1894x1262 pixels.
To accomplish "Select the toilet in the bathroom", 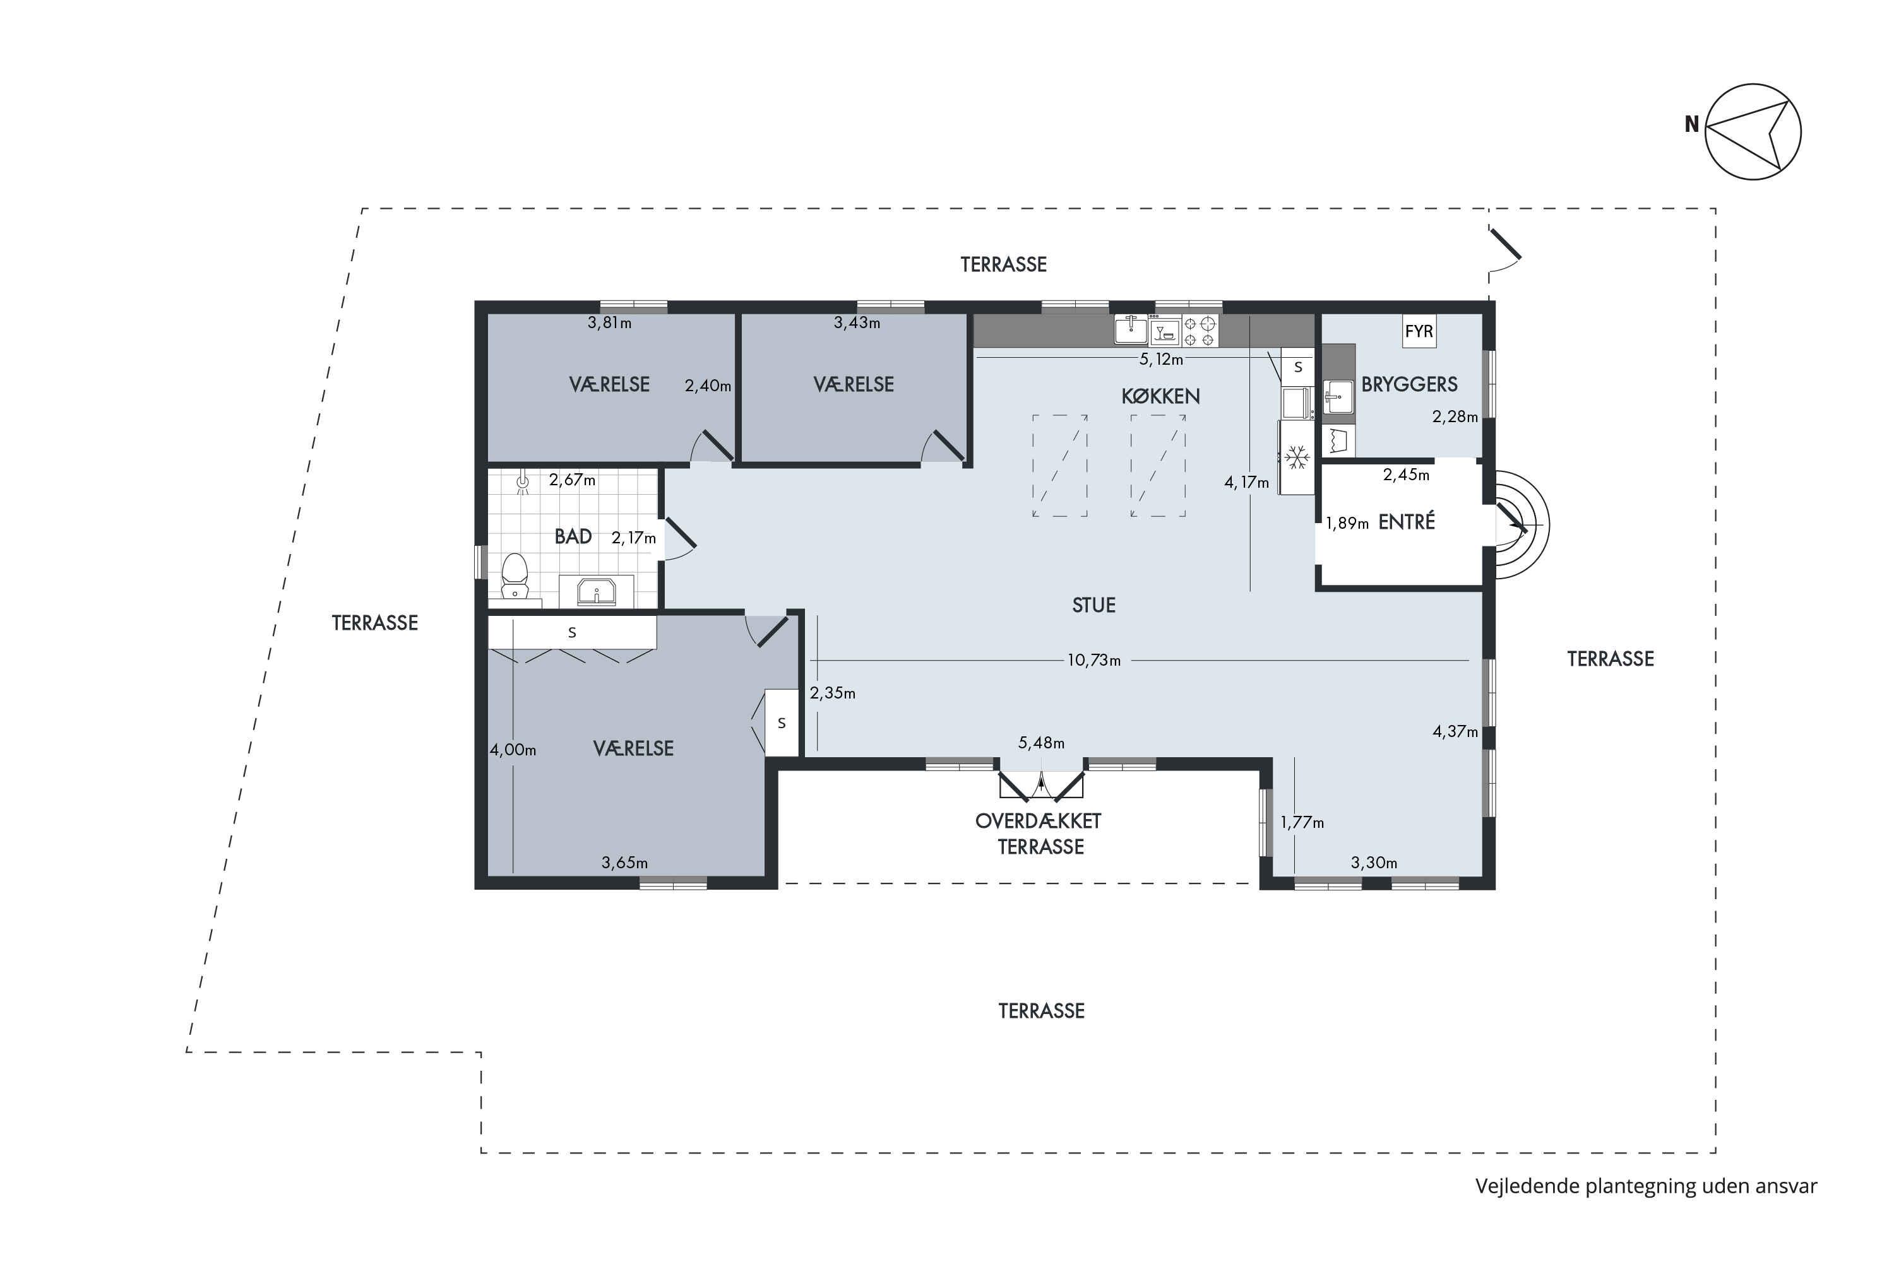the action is click(x=515, y=575).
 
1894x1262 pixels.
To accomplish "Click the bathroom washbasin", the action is click(x=597, y=592).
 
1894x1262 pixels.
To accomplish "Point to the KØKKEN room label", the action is click(x=1160, y=396).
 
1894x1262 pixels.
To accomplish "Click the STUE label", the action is click(x=1093, y=605).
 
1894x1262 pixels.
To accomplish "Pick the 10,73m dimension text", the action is click(x=1093, y=661).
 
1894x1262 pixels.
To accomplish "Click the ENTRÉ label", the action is click(x=1407, y=522).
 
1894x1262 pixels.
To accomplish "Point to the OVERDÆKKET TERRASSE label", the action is click(x=1039, y=834).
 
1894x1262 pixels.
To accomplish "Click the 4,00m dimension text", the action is click(x=513, y=750).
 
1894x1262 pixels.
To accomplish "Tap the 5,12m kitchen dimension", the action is click(x=1161, y=360).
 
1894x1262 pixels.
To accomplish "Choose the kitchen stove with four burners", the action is click(x=1200, y=331).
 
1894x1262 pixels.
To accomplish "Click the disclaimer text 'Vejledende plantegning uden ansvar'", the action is click(x=1646, y=1186).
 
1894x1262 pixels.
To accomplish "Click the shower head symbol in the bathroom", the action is click(x=523, y=482).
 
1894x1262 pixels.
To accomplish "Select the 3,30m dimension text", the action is click(x=1374, y=863).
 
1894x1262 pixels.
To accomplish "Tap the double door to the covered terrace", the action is click(x=1041, y=786).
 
